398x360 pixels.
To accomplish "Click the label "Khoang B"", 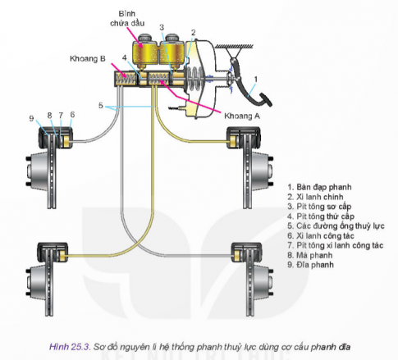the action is coord(88,59).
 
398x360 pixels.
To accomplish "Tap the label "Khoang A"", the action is coord(242,116).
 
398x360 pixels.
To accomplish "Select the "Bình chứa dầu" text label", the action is coord(127,18).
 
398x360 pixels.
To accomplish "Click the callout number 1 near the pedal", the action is coord(256,80).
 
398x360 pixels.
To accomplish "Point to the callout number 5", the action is coord(101,105).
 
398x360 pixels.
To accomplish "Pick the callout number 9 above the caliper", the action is coord(32,118).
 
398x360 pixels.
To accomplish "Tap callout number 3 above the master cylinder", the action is coord(162,27).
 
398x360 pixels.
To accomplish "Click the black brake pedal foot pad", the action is coord(265,100).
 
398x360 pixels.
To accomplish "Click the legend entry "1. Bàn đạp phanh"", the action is coord(319,187).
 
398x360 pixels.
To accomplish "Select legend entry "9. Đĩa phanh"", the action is coord(310,265).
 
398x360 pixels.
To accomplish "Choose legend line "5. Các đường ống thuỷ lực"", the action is coord(336,226).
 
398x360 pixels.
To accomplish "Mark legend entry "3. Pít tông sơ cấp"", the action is coord(319,207).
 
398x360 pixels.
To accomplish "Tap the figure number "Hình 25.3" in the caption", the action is coord(70,347).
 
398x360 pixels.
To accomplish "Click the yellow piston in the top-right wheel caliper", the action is coord(233,142).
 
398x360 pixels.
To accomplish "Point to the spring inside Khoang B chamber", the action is coord(126,79).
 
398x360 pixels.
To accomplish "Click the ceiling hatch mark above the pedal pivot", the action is coord(234,47).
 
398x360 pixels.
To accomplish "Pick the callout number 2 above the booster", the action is coord(194,33).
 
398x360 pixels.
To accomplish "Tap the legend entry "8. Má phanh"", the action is coord(310,255).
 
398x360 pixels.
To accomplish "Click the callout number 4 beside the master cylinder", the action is coord(125,58).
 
